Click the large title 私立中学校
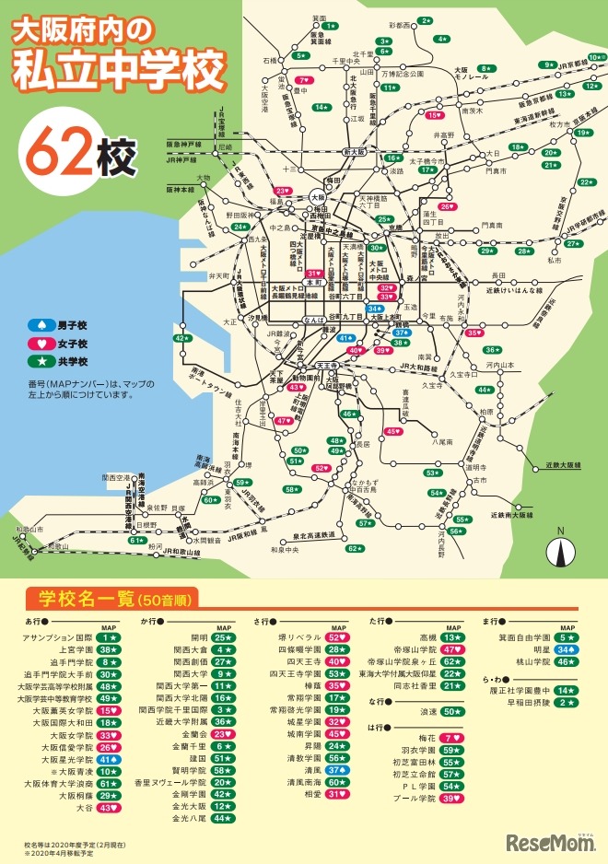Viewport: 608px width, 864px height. coord(119,70)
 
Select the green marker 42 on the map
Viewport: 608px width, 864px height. coord(182,339)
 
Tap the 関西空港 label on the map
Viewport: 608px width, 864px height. coord(116,478)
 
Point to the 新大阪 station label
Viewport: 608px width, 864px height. coord(355,151)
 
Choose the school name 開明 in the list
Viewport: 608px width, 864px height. coord(199,636)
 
